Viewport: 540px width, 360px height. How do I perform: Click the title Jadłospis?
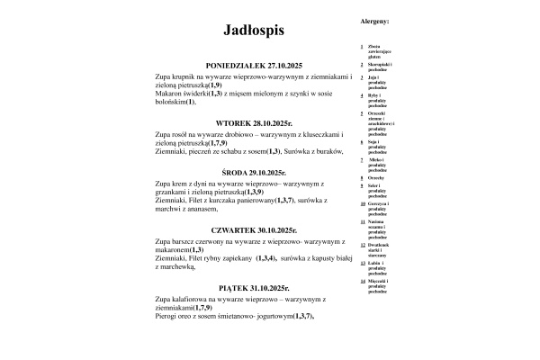254,31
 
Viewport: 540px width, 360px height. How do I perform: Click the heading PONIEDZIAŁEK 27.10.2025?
254,67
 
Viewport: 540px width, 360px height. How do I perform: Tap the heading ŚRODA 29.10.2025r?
254,172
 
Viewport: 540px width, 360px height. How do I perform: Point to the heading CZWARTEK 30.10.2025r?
254,229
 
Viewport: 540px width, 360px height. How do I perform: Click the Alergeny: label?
373,19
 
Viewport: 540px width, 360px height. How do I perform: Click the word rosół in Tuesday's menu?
183,134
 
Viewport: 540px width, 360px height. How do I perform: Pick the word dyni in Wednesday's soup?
208,184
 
